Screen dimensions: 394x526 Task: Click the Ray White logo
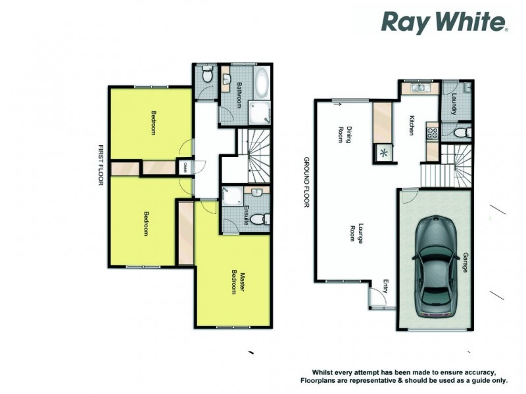tap(444, 23)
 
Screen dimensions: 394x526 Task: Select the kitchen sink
tap(419, 87)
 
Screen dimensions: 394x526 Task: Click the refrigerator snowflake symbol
tap(383, 153)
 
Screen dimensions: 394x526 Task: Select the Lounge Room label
tap(356, 234)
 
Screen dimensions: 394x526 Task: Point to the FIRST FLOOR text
tap(101, 165)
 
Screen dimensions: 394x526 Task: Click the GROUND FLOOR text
tap(306, 182)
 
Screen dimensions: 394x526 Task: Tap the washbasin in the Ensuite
tap(256, 192)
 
